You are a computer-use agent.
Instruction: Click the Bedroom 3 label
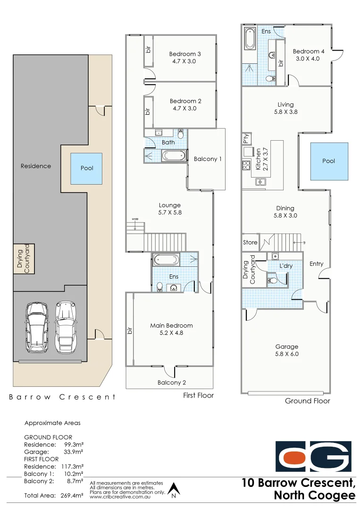click(x=185, y=54)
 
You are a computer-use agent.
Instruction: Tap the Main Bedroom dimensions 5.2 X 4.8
click(x=171, y=333)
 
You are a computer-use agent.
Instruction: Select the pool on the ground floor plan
click(x=329, y=161)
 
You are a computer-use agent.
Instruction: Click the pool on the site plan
click(x=87, y=168)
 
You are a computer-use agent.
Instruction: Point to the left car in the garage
click(x=37, y=327)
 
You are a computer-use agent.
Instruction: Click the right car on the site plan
click(x=66, y=327)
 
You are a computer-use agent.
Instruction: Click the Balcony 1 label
click(x=208, y=159)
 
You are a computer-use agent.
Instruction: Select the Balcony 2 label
click(x=172, y=382)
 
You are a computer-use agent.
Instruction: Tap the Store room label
click(x=250, y=242)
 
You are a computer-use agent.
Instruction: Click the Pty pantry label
click(x=246, y=139)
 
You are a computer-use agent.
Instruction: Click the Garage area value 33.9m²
click(x=74, y=452)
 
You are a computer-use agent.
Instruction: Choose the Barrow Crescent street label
click(x=62, y=397)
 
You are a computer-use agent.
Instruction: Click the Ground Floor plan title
click(x=307, y=401)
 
